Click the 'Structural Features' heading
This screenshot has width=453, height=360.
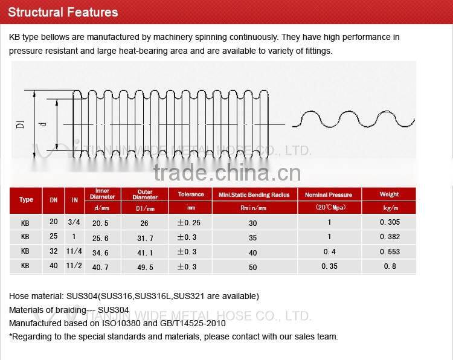(63, 12)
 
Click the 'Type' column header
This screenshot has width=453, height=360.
(26, 200)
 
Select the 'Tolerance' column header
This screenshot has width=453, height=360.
(191, 194)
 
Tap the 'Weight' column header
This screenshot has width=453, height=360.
(389, 194)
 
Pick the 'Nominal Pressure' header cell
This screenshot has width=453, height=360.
(329, 195)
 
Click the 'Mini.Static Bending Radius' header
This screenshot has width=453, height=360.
(254, 195)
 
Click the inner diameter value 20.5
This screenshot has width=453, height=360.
(100, 223)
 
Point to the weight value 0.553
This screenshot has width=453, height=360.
(390, 252)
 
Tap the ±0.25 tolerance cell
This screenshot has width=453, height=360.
(188, 223)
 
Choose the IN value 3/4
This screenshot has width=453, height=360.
(74, 222)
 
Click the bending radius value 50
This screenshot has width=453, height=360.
(252, 266)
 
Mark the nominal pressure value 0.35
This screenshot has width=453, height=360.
(329, 266)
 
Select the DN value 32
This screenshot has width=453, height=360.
(54, 251)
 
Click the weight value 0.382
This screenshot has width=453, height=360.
(390, 237)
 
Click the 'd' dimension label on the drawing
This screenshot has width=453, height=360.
(42, 124)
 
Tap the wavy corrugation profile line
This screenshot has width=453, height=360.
(353, 119)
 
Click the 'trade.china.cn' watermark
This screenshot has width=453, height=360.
(226, 173)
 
